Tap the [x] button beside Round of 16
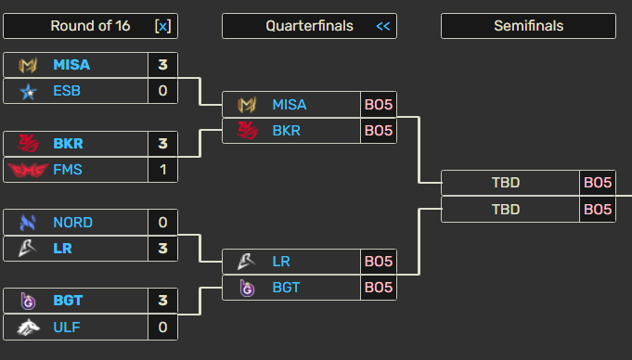tap(162, 26)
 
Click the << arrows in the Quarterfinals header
tap(382, 26)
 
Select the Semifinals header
tap(528, 26)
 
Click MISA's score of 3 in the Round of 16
tap(162, 65)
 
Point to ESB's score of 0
tap(162, 90)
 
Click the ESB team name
tap(66, 90)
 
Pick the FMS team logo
tap(28, 169)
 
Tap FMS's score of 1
tap(162, 169)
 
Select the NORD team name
tap(72, 223)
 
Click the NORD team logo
tap(28, 223)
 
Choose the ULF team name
tap(66, 327)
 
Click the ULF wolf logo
tap(28, 327)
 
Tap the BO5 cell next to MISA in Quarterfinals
tap(379, 105)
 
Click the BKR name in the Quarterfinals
tap(286, 130)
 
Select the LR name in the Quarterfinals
tap(281, 262)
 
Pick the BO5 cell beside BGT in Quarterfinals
tap(379, 288)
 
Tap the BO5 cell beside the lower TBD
tap(598, 209)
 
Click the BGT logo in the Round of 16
tap(28, 301)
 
